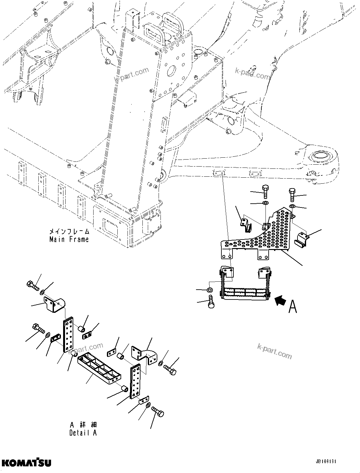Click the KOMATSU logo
point(26,462)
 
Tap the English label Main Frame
point(69,239)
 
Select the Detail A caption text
point(83,432)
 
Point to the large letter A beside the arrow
point(293,306)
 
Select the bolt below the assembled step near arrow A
point(211,301)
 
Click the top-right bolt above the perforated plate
point(292,194)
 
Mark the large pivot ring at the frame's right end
point(321,157)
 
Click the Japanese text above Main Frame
point(69,232)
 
